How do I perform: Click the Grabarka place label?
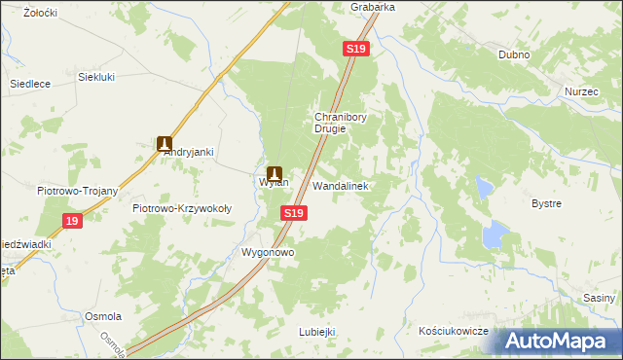click(x=373, y=7)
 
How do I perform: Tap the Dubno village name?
click(x=513, y=55)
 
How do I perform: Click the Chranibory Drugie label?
click(x=339, y=123)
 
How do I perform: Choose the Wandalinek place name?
click(x=339, y=185)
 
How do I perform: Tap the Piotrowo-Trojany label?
click(x=77, y=191)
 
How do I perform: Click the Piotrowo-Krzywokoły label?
click(x=182, y=208)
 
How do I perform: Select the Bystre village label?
click(x=546, y=203)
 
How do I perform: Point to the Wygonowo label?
click(x=268, y=252)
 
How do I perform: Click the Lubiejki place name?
click(x=317, y=332)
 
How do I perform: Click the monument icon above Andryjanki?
click(x=165, y=143)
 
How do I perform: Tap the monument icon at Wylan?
click(x=274, y=173)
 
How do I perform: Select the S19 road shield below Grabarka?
click(x=355, y=49)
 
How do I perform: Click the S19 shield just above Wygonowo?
click(x=294, y=212)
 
